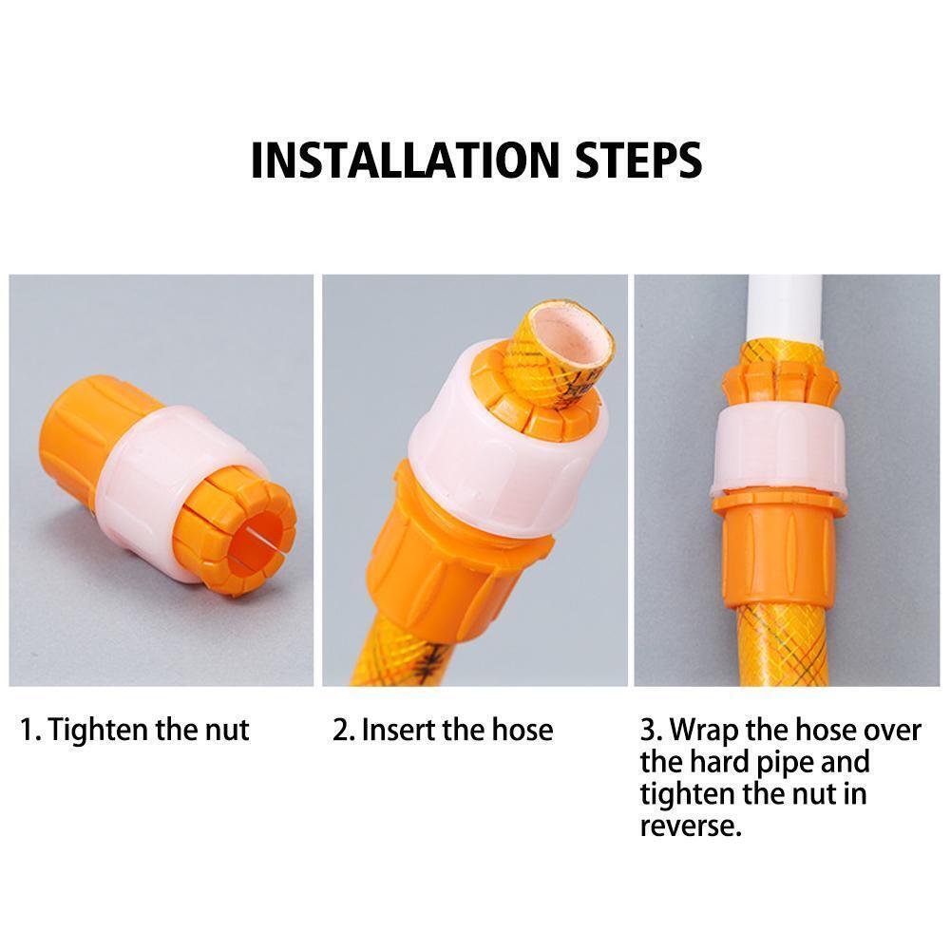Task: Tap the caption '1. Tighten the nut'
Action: point(134,730)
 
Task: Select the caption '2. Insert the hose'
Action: point(442,730)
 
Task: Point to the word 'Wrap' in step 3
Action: point(708,730)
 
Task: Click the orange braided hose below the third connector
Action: point(779,646)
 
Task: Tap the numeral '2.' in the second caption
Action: point(343,730)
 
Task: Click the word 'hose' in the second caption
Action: point(520,730)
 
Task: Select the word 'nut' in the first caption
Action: point(228,730)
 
